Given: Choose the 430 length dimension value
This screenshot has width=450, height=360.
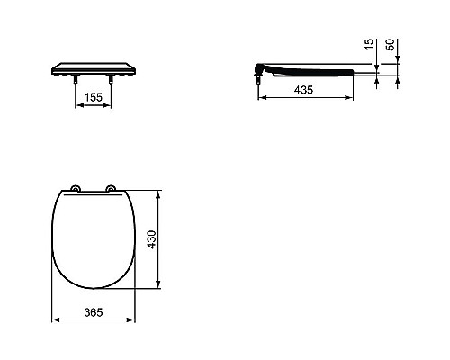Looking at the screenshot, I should coord(165,240).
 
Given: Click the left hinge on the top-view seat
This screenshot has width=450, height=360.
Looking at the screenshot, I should coord(76,189).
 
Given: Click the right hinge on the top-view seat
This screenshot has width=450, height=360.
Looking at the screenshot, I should coord(112,189).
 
